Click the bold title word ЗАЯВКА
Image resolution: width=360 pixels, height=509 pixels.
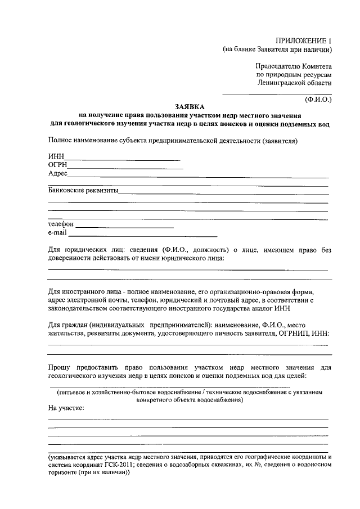point(190,106)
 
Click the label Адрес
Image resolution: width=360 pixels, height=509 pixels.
point(58,174)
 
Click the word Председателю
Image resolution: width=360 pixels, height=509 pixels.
point(280,66)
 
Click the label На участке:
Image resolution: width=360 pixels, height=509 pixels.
point(66,408)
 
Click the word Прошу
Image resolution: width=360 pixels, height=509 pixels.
point(60,367)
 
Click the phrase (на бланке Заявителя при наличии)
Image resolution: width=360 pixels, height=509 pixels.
point(277,49)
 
